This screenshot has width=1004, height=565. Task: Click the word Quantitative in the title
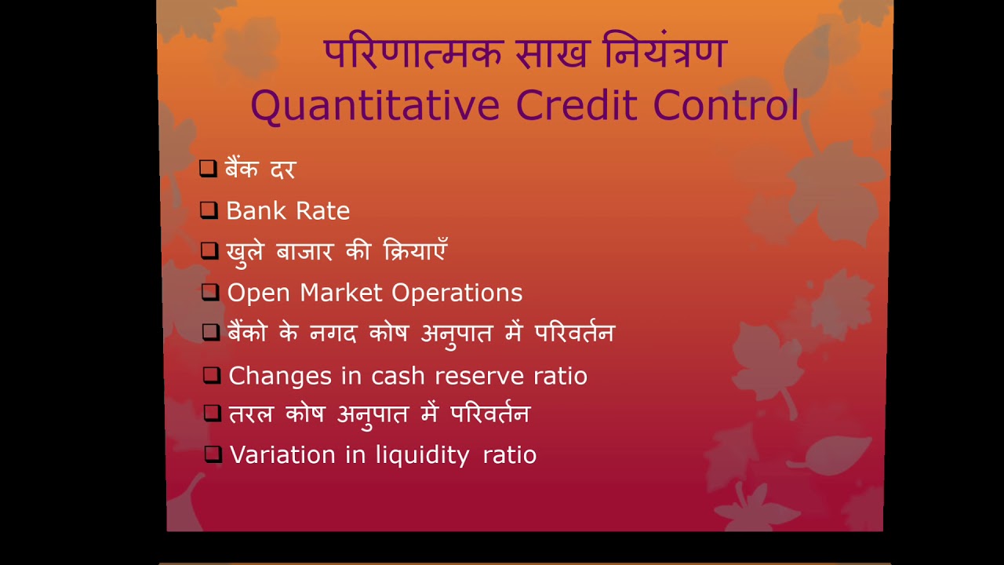click(375, 106)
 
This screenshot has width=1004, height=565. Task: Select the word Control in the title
click(726, 106)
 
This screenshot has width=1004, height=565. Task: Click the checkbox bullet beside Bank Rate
click(208, 210)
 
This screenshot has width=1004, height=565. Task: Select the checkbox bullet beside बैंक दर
click(207, 168)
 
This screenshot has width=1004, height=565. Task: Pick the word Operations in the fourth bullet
click(457, 293)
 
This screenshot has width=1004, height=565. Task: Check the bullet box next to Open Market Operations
click(209, 292)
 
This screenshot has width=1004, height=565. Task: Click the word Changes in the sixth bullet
click(280, 376)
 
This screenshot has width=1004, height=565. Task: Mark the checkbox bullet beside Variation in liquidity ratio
click(213, 454)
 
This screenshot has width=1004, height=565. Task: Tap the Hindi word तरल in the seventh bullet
click(250, 414)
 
